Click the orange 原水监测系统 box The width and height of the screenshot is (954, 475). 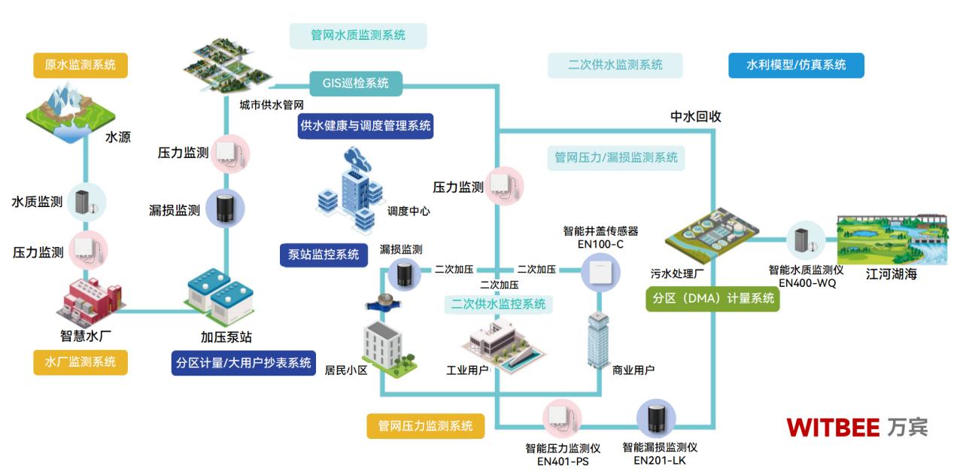coord(81,65)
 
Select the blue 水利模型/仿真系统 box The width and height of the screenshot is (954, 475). coord(796,65)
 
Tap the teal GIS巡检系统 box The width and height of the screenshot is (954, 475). coord(356,83)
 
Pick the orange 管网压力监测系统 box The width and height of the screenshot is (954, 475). coord(426,425)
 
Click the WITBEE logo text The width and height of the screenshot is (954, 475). coord(833,428)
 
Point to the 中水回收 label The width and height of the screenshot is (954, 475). coord(696,117)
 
